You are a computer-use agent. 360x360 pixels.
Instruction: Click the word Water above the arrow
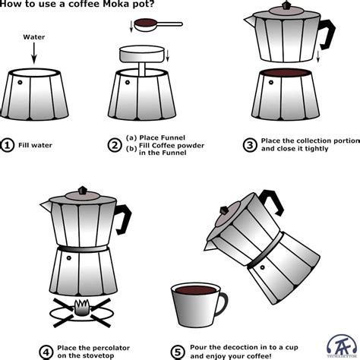34,36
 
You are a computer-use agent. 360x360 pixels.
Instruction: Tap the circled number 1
8,146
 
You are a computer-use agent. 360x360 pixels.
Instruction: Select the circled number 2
115,146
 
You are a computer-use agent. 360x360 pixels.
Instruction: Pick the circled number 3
248,146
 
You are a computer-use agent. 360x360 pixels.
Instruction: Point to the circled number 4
46,330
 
